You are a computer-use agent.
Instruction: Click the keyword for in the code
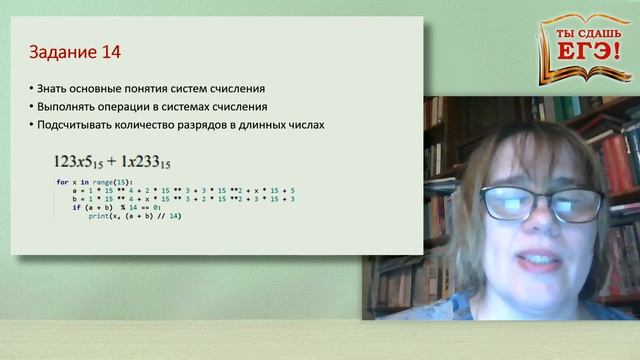coord(61,181)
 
